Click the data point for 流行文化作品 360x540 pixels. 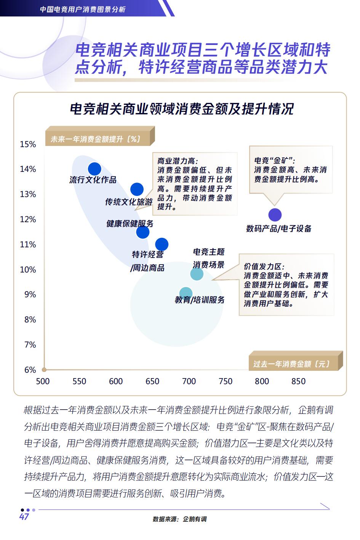pos(94,169)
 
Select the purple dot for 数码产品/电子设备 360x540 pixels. pos(275,215)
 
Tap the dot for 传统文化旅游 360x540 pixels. pos(137,189)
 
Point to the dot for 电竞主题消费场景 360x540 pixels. pos(197,274)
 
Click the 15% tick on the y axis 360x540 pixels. pos(28,144)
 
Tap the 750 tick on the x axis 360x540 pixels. pos(226,381)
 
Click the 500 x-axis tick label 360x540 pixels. pos(43,381)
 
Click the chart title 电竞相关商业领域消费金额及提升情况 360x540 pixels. pos(181,109)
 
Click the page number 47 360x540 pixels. pos(24,517)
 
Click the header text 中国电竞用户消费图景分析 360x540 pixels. pos(83,9)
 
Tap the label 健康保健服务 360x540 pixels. pos(130,223)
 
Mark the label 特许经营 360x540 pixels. pos(148,254)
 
